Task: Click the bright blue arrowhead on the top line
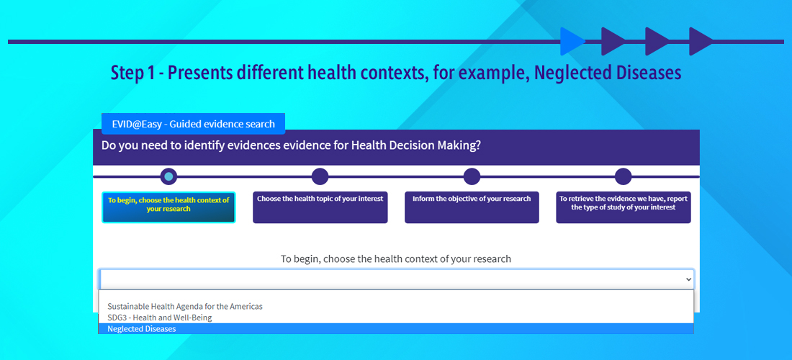coord(571,42)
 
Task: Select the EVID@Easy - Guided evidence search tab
coord(194,124)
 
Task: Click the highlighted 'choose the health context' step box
coord(168,207)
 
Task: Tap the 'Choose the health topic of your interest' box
coord(320,207)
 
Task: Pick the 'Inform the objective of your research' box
coord(472,207)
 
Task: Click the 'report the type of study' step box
coord(624,207)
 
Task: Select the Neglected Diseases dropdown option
coord(396,329)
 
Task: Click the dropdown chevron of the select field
coord(688,279)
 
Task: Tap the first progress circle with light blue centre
coord(168,176)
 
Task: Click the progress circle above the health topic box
coord(320,176)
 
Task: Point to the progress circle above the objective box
coord(472,176)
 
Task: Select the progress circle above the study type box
coord(624,176)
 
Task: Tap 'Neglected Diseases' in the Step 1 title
coord(608,73)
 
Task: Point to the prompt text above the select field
coord(396,259)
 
